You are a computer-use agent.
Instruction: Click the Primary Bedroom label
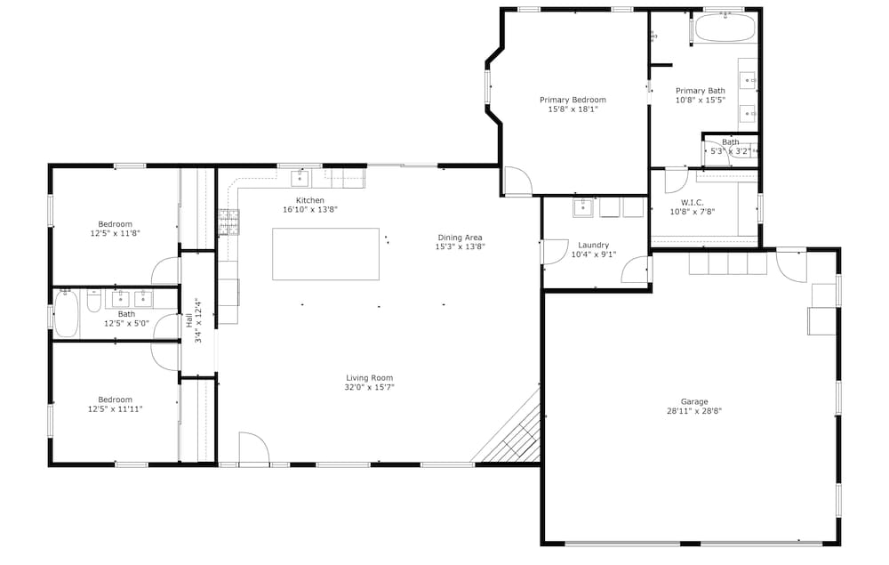point(573,100)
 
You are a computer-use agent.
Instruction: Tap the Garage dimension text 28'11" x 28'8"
point(694,411)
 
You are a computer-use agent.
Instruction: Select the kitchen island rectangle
point(326,254)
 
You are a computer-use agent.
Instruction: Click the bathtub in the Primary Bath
point(725,27)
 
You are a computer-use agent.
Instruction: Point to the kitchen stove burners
point(229,222)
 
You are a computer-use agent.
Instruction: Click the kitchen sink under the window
point(300,178)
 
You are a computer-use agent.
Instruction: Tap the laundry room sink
point(583,207)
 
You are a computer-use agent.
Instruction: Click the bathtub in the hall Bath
point(67,314)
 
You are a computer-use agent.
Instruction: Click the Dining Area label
point(460,238)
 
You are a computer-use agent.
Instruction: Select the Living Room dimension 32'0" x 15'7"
point(370,387)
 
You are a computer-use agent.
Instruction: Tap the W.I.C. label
point(693,203)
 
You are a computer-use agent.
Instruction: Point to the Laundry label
point(594,245)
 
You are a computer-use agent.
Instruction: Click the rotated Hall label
point(188,321)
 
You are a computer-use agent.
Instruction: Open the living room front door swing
point(253,448)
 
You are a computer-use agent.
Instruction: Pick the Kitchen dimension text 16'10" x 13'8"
point(310,210)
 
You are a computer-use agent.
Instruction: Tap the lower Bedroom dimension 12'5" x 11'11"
point(115,409)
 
